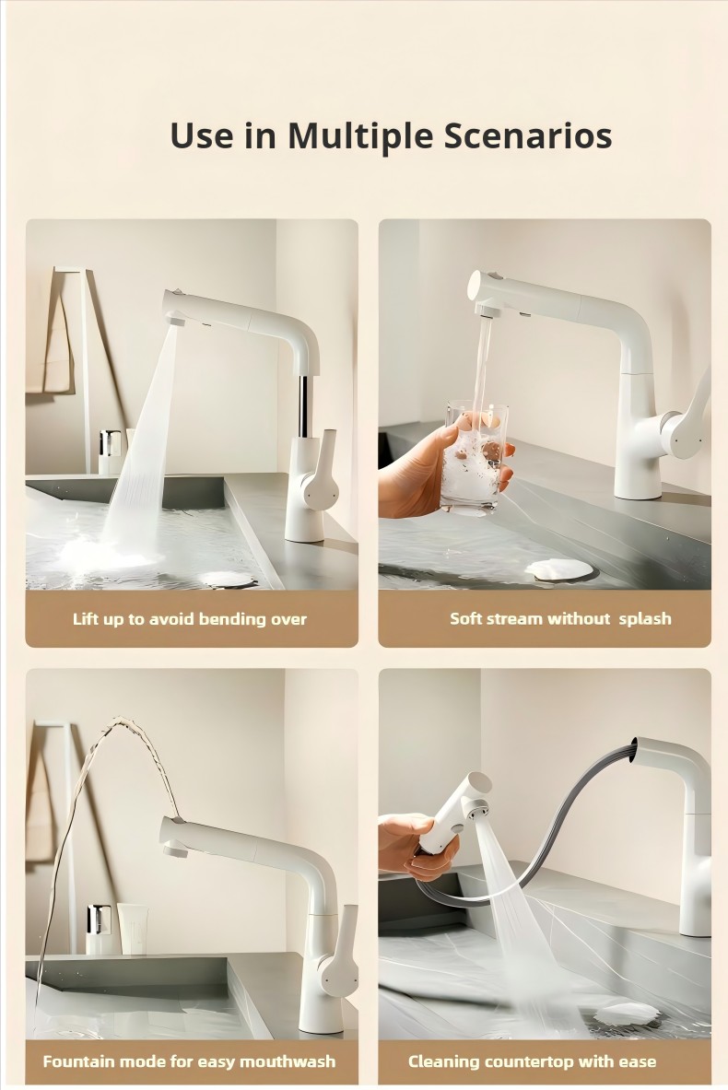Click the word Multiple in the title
click(x=360, y=136)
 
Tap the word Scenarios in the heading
click(x=528, y=135)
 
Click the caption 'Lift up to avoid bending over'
click(x=190, y=618)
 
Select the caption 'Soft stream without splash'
click(x=560, y=618)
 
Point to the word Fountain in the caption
click(x=78, y=1061)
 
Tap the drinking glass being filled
click(x=475, y=457)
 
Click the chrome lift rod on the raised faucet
click(x=304, y=406)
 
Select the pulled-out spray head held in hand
click(x=452, y=812)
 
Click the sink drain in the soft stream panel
click(x=559, y=569)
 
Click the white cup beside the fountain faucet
click(x=132, y=928)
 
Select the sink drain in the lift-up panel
click(x=228, y=579)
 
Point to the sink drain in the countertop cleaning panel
click(x=626, y=1014)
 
